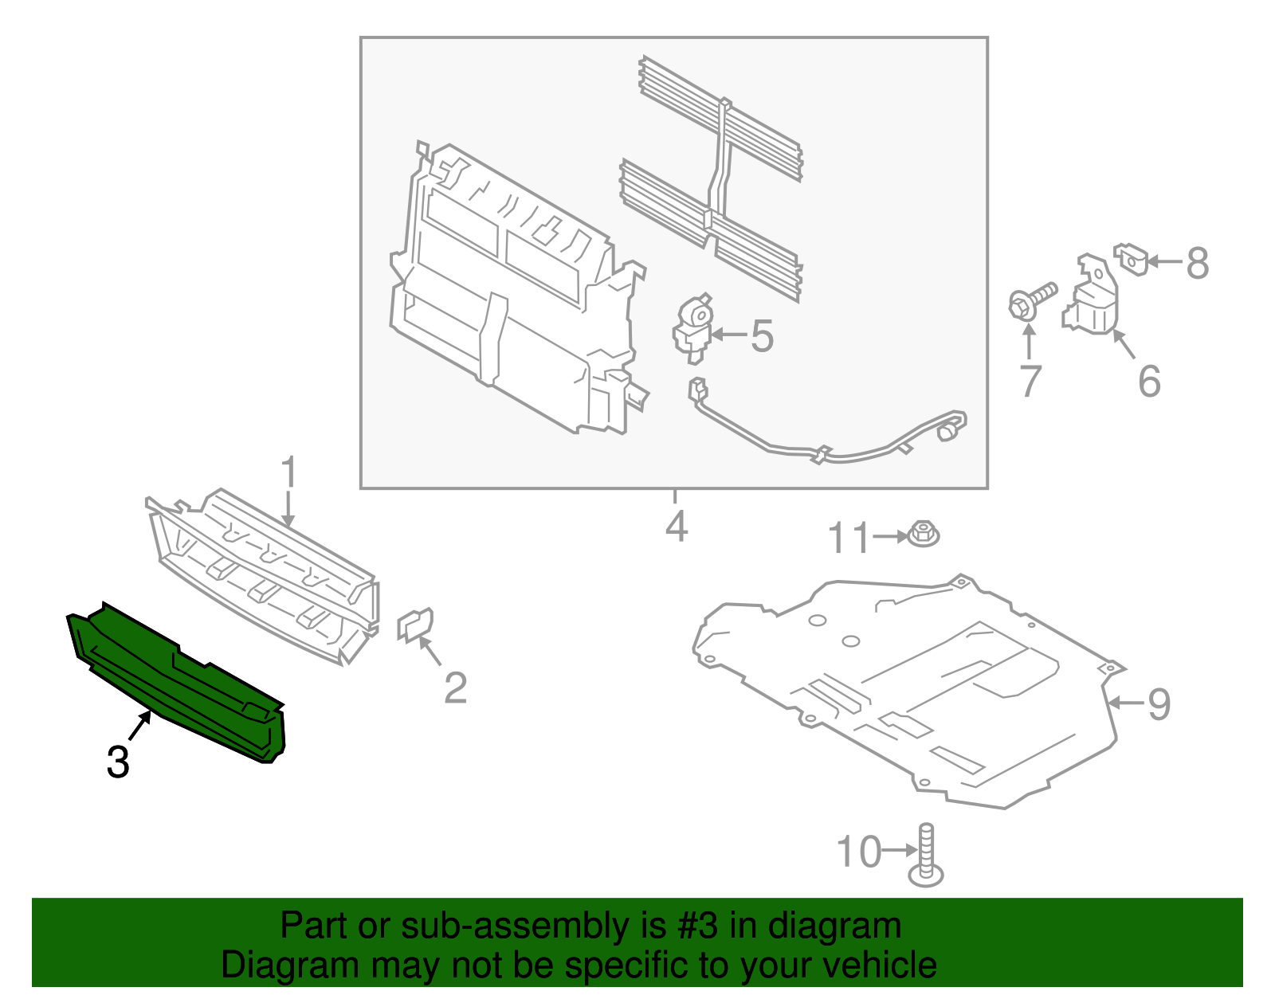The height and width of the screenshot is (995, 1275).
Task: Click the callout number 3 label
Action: (118, 762)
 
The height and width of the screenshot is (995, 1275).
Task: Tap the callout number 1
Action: (288, 473)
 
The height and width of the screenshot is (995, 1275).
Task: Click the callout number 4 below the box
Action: (676, 527)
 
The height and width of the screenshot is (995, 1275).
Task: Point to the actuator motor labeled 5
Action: (693, 327)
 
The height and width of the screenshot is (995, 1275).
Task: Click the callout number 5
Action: (762, 336)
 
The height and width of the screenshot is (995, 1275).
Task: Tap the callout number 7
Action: (1030, 381)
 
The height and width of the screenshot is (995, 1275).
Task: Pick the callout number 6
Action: (1149, 381)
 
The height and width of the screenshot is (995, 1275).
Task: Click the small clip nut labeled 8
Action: (1132, 258)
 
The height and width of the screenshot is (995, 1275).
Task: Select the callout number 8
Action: (1197, 263)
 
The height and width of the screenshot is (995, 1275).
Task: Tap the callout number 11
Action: (849, 539)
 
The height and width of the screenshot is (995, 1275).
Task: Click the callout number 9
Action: (1159, 704)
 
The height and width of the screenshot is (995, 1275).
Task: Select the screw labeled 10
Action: (926, 856)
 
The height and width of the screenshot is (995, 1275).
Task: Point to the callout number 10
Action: (859, 852)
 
